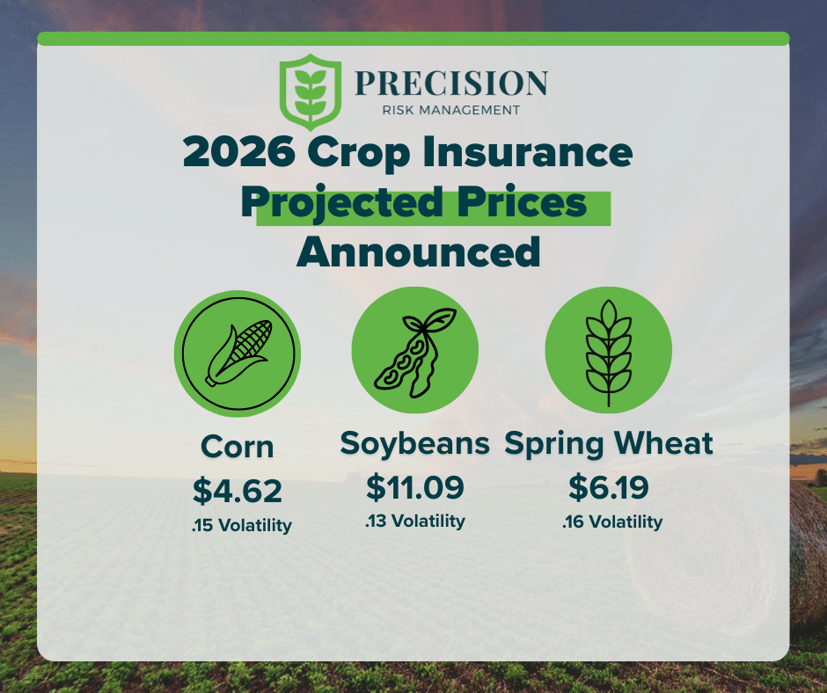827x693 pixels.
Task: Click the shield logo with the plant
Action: coord(310,91)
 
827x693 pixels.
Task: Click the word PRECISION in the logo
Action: coord(451,84)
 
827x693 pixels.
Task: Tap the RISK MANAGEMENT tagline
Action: coord(451,110)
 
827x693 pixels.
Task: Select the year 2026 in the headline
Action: coord(239,151)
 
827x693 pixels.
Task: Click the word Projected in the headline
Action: coord(341,204)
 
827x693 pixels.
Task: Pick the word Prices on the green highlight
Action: coord(522,202)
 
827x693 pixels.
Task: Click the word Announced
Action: coord(419,252)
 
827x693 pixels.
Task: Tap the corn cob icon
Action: coord(238,353)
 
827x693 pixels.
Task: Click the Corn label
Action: coord(238,448)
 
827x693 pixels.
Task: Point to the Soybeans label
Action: coord(415,443)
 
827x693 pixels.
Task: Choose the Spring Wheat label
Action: coord(609,444)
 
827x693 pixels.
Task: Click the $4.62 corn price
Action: coord(238,491)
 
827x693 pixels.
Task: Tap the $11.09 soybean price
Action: coord(415,487)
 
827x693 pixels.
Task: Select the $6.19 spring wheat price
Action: coord(609,487)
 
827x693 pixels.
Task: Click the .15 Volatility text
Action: coord(242,525)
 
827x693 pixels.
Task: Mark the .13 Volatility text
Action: coord(415,521)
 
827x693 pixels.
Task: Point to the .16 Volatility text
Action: coord(612,522)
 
